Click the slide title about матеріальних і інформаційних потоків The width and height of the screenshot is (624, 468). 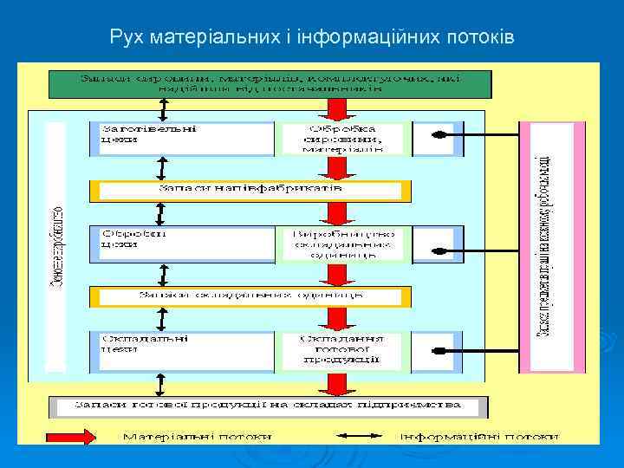click(x=312, y=38)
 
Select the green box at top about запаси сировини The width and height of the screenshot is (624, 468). click(x=270, y=83)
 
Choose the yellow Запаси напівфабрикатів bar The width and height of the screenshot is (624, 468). click(x=250, y=189)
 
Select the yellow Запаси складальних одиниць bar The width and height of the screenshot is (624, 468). click(x=250, y=296)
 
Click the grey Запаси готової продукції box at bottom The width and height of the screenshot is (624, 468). click(x=268, y=406)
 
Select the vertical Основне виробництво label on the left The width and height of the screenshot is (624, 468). click(x=55, y=246)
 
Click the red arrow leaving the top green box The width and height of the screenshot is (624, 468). click(x=336, y=109)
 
